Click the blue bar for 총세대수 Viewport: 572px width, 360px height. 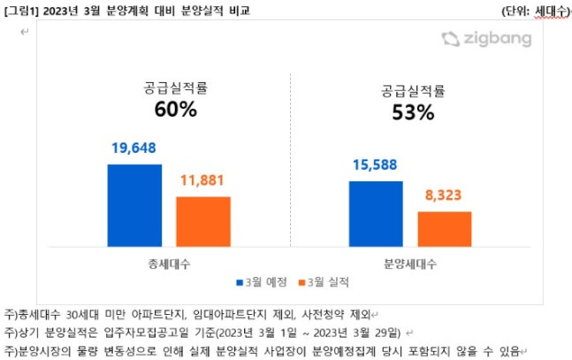tap(134, 208)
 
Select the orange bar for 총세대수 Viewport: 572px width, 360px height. tap(202, 224)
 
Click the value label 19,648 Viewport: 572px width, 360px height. tap(134, 148)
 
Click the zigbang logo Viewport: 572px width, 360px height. tap(485, 39)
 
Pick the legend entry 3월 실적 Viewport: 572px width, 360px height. tap(324, 282)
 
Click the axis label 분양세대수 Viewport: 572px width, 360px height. tap(410, 264)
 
